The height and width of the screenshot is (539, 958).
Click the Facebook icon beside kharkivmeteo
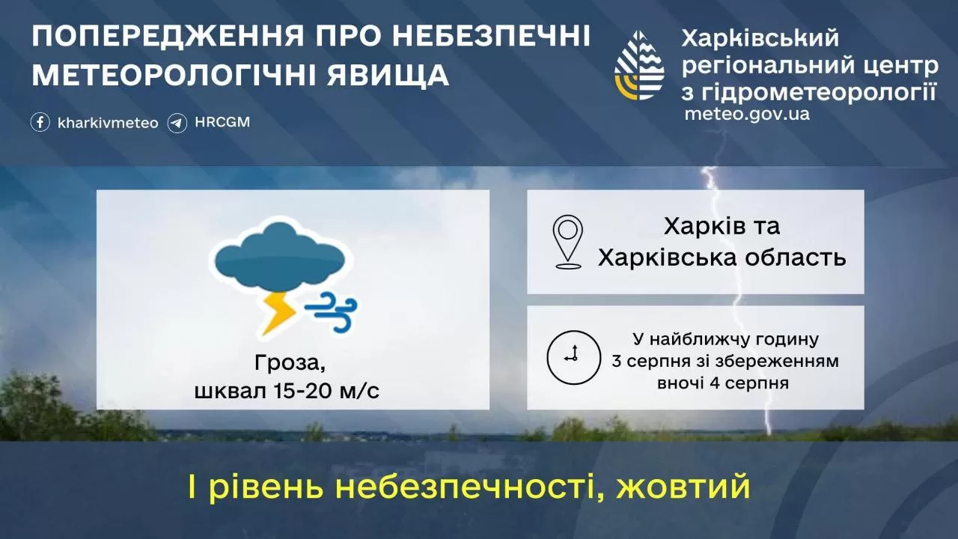coord(40,122)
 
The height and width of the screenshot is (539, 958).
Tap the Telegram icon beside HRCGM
coord(177,122)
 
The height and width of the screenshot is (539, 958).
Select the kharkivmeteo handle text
coord(108,123)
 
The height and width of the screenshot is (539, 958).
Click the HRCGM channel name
coord(222,122)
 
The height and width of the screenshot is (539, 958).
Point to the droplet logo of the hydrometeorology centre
coord(639,66)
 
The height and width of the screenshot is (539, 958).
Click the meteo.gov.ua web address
coord(746,115)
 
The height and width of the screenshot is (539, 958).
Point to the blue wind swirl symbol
coord(332,311)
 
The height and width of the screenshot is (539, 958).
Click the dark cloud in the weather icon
coord(280,258)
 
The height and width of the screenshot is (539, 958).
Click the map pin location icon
coord(568,242)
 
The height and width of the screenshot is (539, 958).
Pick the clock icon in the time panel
coord(573,355)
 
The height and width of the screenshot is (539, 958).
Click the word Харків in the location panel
coord(701,226)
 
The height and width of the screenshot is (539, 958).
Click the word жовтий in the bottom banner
coord(683,487)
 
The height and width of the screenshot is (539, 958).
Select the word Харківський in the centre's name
coord(760,39)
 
